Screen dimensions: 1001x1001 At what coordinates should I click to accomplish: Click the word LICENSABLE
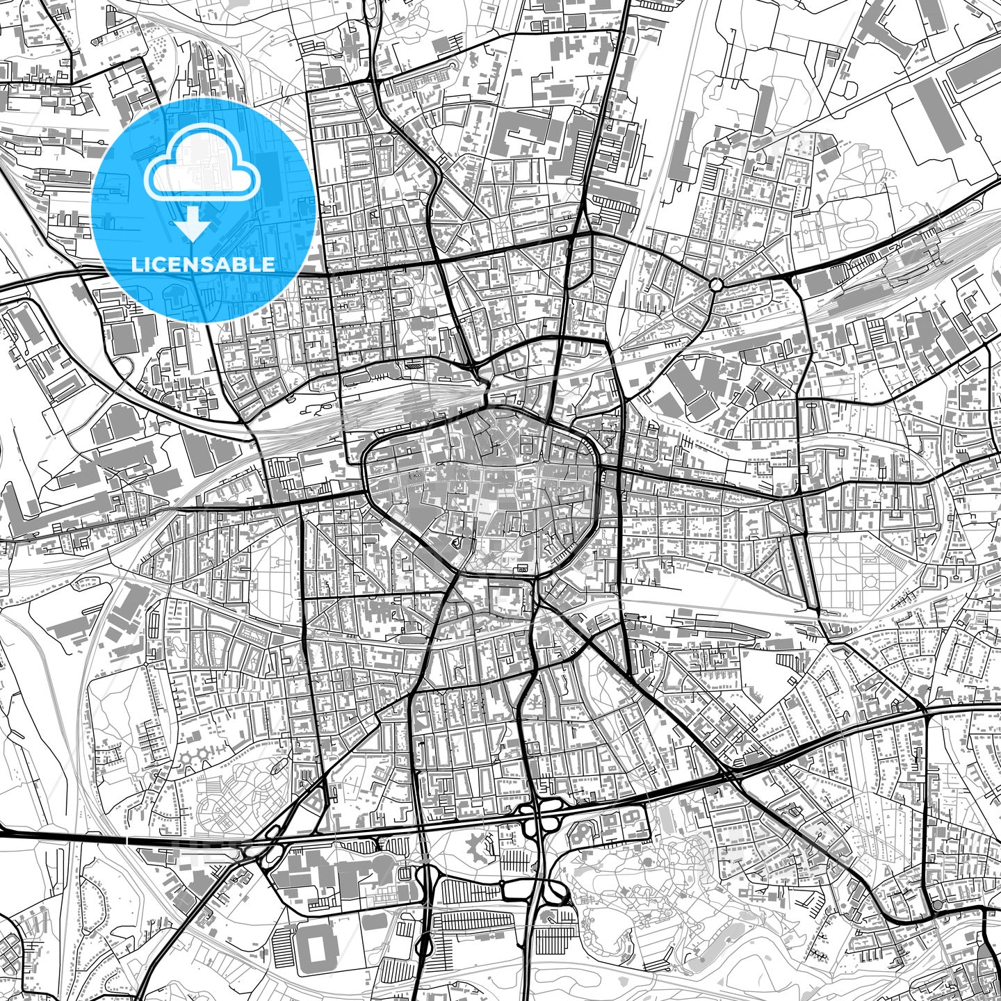point(202,264)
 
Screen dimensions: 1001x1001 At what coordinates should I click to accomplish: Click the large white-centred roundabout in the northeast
point(716,284)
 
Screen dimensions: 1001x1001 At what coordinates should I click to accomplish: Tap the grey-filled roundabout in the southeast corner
point(937,905)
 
